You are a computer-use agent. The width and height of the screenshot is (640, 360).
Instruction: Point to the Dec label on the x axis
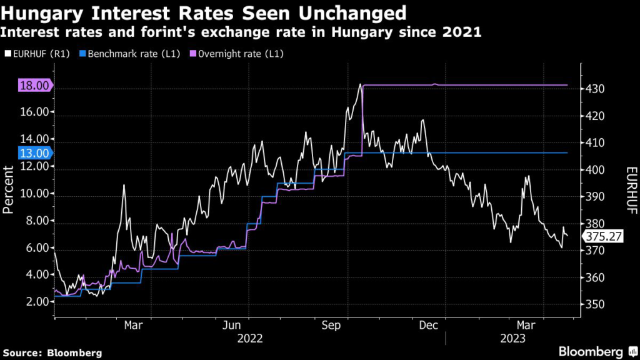click(x=428, y=325)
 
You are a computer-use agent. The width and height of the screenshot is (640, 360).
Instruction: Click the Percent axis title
click(x=9, y=190)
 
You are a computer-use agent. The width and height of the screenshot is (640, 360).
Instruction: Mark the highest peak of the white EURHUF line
click(x=360, y=84)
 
